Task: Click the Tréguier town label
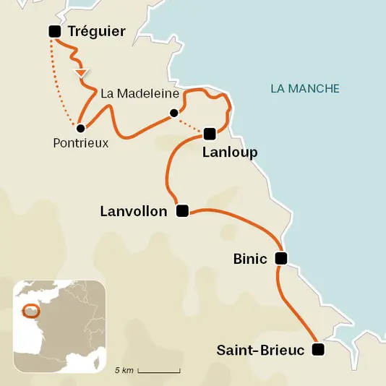coord(96,31)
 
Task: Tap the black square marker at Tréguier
coord(53,31)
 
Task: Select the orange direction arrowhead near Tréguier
coord(82,72)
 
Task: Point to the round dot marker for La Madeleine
coord(173,113)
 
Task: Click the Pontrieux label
coord(81,143)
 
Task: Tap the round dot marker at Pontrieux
coord(81,128)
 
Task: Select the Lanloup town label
coord(230,153)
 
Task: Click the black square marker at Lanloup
coord(210,133)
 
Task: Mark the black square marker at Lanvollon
coord(182,211)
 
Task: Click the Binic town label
coord(250,258)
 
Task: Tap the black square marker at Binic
coord(281,258)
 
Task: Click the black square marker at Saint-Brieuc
coord(317,350)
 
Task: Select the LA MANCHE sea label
coord(304,89)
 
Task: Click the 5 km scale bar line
coord(158,371)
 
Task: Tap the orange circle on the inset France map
coord(30,311)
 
